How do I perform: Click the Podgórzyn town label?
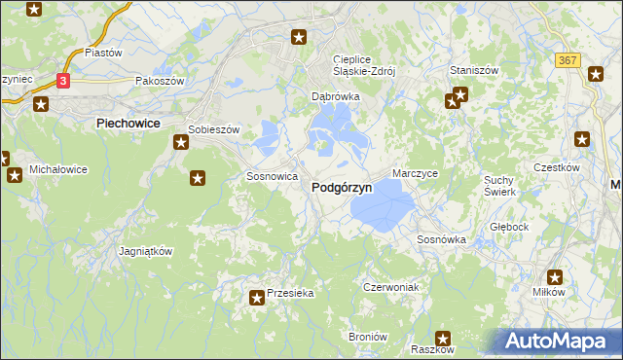341,189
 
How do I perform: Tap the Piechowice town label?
128,124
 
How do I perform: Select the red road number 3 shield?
63,82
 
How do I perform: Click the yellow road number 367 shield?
569,60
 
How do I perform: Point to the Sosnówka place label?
441,238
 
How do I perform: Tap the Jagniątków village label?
145,250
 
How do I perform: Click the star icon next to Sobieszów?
181,143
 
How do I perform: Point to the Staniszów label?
474,71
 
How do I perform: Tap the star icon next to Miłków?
557,276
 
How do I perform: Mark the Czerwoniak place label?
390,287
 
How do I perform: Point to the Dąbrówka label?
335,97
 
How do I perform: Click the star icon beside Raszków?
442,337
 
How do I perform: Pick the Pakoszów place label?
160,82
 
